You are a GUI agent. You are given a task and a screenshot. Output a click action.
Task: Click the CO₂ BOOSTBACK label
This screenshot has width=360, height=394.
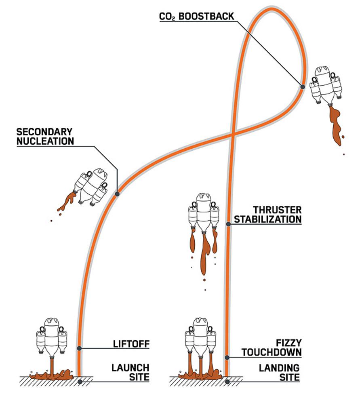pos(196,17)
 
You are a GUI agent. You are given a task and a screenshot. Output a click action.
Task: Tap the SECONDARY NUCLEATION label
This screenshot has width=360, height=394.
pos(45,137)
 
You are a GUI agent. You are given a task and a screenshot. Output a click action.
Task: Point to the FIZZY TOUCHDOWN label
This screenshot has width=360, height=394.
pos(272,348)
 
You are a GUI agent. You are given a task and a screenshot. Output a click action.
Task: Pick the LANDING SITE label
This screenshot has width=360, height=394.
pos(279,373)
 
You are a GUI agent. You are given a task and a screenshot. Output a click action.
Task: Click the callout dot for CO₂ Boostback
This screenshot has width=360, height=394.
pos(302,86)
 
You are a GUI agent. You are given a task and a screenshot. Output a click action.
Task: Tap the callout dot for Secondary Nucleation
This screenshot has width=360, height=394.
pos(117,194)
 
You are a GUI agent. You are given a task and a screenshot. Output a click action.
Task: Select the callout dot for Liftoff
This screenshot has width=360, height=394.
pos(80,348)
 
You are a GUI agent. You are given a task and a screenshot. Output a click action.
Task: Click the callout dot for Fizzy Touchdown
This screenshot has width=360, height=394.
pos(227,357)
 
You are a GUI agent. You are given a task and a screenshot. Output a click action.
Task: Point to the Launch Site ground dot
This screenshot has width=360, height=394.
pos(80,381)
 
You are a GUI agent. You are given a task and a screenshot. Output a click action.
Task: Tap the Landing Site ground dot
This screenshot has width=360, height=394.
pos(227,381)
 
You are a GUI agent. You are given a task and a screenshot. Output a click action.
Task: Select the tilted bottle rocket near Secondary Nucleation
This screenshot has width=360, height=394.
pos(91,186)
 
